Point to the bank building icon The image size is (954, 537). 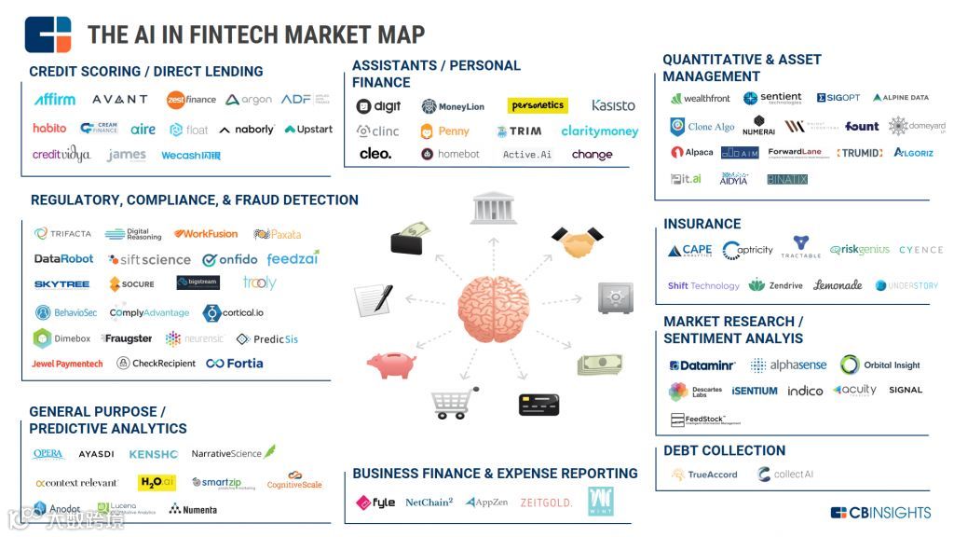click(494, 207)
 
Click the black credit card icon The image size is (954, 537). click(538, 404)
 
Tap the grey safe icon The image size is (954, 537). click(615, 297)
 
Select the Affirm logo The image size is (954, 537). click(54, 99)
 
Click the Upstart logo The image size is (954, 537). click(308, 130)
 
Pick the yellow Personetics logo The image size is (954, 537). click(538, 106)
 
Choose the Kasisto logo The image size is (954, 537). click(613, 106)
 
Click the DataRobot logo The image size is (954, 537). click(64, 259)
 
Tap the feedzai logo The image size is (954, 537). click(293, 259)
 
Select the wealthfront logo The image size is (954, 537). click(701, 98)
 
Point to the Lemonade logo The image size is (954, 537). click(838, 285)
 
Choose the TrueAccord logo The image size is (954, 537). click(705, 475)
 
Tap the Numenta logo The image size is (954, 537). click(194, 509)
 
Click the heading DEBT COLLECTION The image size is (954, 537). click(724, 450)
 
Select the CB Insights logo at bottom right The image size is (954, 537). click(880, 512)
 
